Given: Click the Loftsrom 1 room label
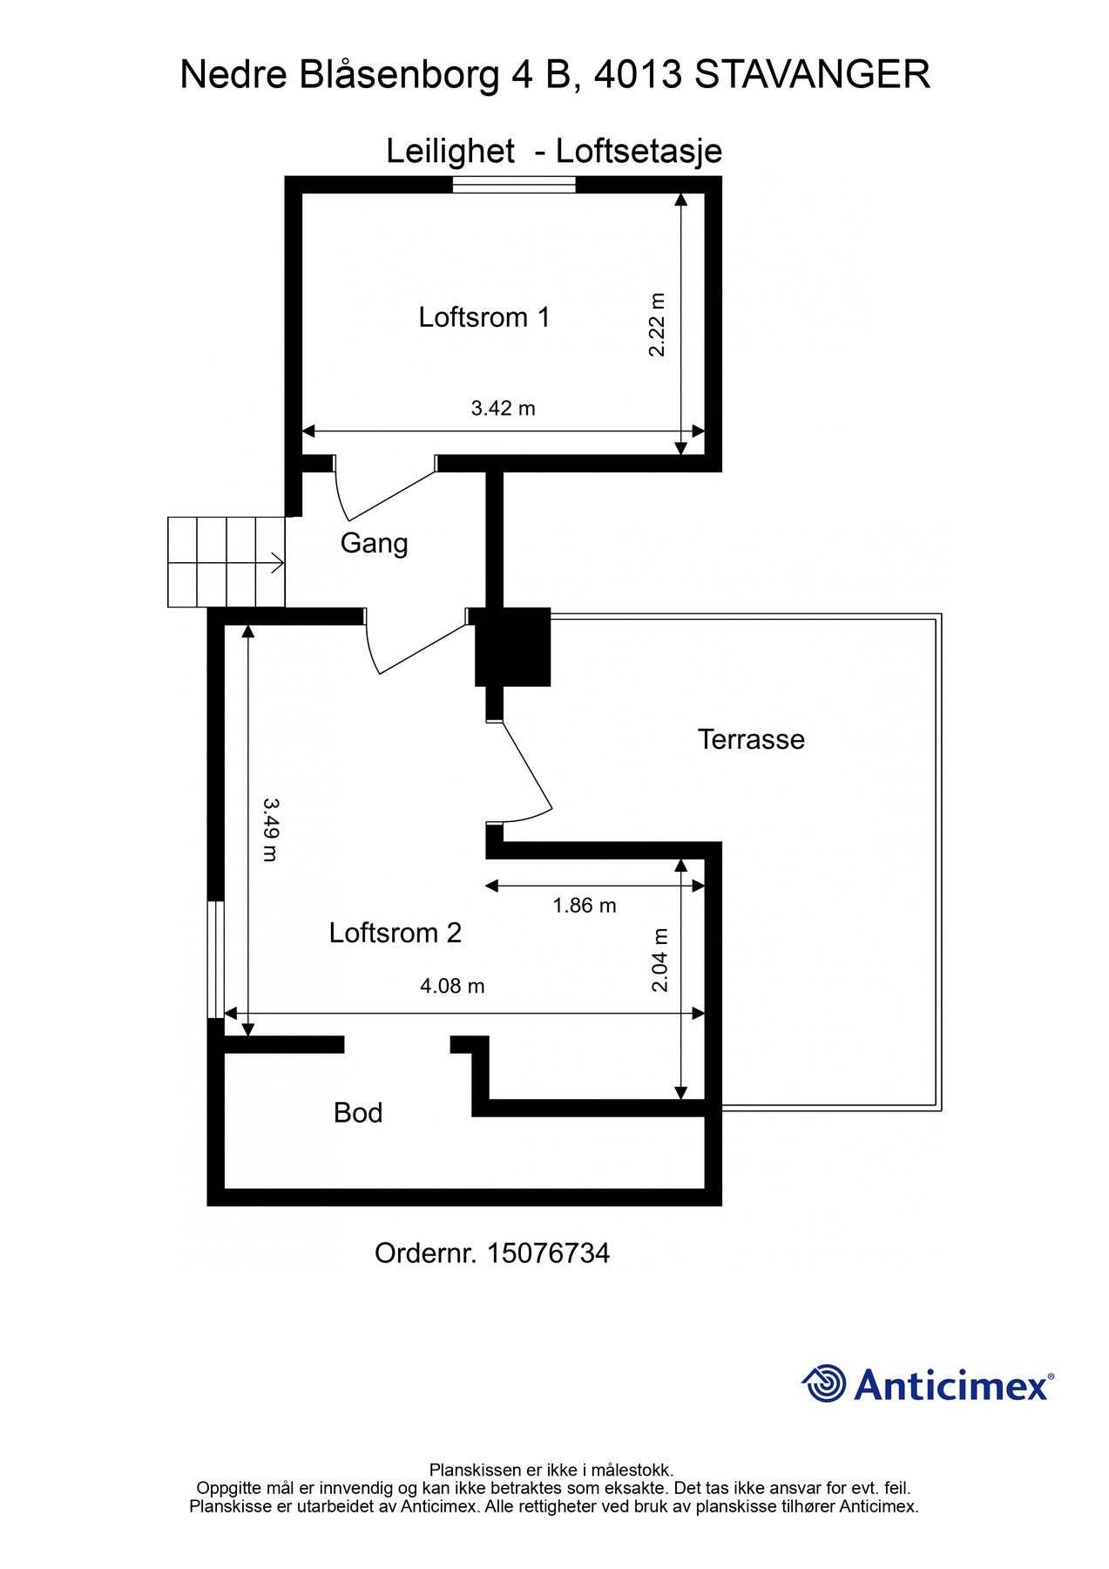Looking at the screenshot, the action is coord(484,316).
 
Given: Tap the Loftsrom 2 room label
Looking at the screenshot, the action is coord(395,933).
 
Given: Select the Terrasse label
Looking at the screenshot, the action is coord(751,739).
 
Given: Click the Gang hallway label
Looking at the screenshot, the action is coord(374,543).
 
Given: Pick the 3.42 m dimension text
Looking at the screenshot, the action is coord(503,408).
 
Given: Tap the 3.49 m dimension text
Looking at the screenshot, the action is coord(271,830).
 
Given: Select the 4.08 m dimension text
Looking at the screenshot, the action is coord(452,986).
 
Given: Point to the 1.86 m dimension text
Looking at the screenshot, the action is coord(585,906).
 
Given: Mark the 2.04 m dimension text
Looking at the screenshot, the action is coord(660,960).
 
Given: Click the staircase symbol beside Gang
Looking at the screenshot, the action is coord(227,562).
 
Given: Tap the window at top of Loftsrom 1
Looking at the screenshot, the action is coord(514,184).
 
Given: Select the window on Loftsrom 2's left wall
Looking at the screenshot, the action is coord(215,959).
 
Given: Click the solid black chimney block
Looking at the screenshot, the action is coord(512,646).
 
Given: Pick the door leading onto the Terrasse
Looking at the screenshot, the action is coord(520,771).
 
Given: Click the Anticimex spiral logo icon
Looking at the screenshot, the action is coord(823,1383).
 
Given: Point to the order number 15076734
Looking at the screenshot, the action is coord(548,1253).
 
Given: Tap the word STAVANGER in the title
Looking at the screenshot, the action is coord(812,75).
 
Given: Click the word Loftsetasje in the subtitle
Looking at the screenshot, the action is coord(639,151).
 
